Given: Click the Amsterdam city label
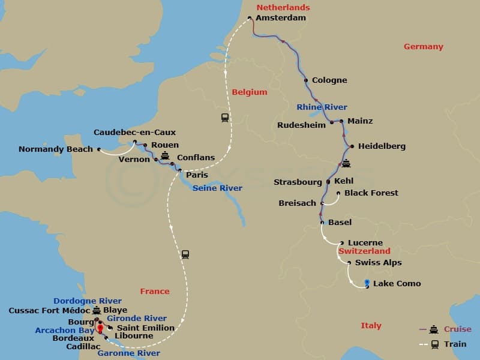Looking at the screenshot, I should [280, 18].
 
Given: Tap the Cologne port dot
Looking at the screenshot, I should [307, 80].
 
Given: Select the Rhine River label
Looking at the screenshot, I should [322, 107].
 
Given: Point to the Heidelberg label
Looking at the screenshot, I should [382, 146].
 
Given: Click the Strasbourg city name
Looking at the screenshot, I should [298, 182].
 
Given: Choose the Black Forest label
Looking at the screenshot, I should [371, 193].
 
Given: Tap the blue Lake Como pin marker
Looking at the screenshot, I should [367, 283].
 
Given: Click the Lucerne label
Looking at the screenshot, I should [365, 243].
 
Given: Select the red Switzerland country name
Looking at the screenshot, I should [364, 251].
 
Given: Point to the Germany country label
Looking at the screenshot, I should [423, 47].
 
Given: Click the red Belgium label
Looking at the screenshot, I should [249, 92].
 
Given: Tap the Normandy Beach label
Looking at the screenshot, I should [56, 149].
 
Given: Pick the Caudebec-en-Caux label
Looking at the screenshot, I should [134, 133].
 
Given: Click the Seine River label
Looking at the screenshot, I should [217, 188].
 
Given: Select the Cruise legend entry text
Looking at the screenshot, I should [457, 329].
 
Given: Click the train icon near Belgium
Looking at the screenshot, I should [225, 118].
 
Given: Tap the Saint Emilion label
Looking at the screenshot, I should [145, 328].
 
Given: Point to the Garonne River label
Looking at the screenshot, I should [128, 353].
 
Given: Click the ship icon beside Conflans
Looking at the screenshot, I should [166, 155].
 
